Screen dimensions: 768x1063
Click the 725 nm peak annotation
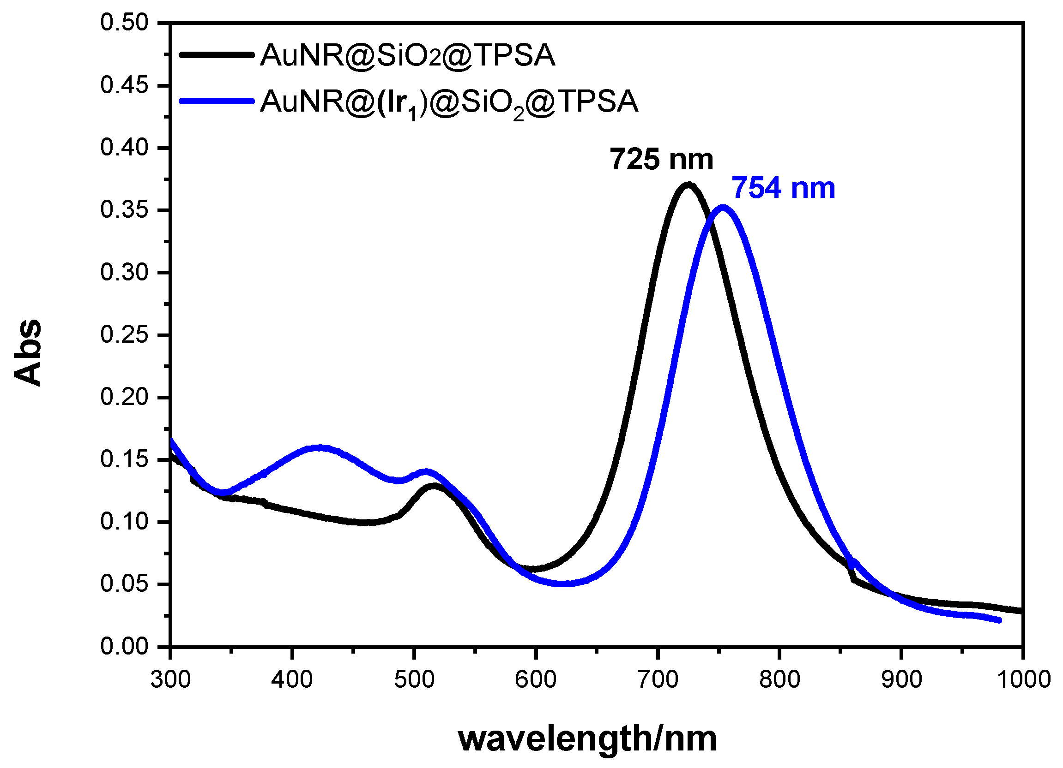[x=661, y=160]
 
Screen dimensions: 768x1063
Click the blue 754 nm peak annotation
[x=783, y=188]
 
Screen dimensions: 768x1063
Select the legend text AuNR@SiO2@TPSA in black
[x=407, y=56]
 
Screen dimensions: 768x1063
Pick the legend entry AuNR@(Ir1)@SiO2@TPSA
[x=449, y=102]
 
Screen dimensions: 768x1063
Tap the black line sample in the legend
[x=217, y=55]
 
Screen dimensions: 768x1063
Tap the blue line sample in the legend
[x=217, y=101]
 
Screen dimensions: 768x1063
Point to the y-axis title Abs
[x=27, y=352]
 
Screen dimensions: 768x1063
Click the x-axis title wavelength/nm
[x=587, y=740]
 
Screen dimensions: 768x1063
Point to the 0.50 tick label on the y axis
[x=124, y=23]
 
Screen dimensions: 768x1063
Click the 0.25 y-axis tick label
[x=124, y=335]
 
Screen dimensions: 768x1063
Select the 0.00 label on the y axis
[x=124, y=647]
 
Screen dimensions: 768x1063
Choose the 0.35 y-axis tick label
[x=124, y=210]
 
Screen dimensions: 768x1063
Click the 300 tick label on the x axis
[x=170, y=679]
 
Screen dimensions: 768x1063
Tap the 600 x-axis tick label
[x=536, y=679]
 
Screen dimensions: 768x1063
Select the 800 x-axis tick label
[x=779, y=679]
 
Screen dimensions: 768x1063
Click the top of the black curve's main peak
[x=688, y=185]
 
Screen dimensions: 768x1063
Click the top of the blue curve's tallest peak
[x=723, y=207]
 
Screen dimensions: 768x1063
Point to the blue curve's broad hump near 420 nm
[x=319, y=448]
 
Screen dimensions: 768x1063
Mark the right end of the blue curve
[x=999, y=620]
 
